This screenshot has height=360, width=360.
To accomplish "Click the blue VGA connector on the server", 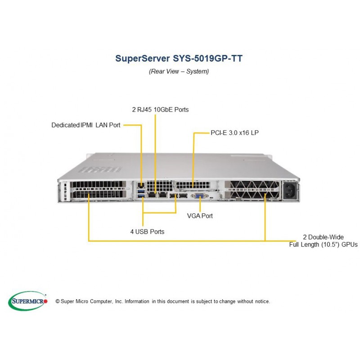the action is point(199,196).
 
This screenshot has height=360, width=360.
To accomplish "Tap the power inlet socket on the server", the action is point(290,191).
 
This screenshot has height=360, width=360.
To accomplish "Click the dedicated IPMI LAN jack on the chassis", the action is point(140,185).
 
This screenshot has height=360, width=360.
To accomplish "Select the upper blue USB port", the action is point(141,191).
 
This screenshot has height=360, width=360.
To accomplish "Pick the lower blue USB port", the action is point(141,196).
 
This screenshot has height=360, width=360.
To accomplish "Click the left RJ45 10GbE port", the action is point(152,195).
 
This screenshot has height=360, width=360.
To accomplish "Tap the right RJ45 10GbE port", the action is point(163,195).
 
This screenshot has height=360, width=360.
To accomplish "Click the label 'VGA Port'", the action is point(200,216).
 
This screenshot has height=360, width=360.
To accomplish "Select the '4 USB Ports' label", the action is point(148,232).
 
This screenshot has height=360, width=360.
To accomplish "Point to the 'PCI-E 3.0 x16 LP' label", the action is point(234,133).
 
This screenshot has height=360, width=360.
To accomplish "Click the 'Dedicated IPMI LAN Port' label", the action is point(86,125).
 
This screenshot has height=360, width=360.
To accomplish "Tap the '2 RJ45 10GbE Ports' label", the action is point(160,109).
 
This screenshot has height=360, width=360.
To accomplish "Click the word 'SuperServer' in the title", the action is point(143,58).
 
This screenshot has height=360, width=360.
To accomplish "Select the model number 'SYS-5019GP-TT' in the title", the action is point(207,58).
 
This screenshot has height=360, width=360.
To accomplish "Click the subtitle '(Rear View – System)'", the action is point(179,72).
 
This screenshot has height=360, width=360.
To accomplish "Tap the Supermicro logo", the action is point(28,301).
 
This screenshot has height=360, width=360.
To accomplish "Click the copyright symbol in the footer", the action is point(58,301).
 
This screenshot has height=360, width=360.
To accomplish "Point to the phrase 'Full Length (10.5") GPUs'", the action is point(323,244).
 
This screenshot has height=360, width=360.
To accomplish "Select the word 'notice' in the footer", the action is point(262,301).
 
